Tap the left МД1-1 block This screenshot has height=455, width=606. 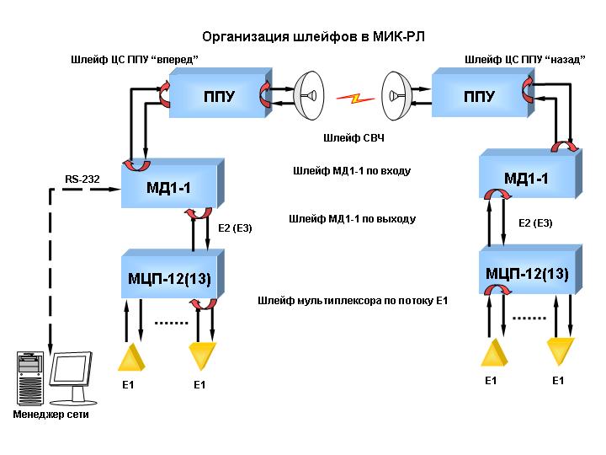click(173, 184)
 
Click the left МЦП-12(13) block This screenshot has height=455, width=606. click(173, 274)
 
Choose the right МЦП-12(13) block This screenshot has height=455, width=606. click(530, 270)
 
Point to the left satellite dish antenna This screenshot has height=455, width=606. click(309, 95)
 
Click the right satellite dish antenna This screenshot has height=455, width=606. click(396, 95)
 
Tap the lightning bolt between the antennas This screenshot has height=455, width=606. click(355, 99)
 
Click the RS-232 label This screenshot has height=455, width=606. click(82, 179)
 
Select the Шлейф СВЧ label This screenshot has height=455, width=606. click(353, 138)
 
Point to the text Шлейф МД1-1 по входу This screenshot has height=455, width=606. click(352, 170)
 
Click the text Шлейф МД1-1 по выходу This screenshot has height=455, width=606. click(352, 219)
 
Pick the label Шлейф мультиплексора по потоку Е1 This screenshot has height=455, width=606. click(353, 301)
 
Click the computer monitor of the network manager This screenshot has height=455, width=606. click(72, 377)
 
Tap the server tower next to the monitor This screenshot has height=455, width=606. click(30, 378)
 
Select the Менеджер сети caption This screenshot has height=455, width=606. click(51, 415)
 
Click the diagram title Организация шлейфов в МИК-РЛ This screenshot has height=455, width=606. click(313, 37)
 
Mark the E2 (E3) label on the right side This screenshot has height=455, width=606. click(535, 223)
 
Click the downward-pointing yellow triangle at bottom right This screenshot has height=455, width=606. click(561, 351)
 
